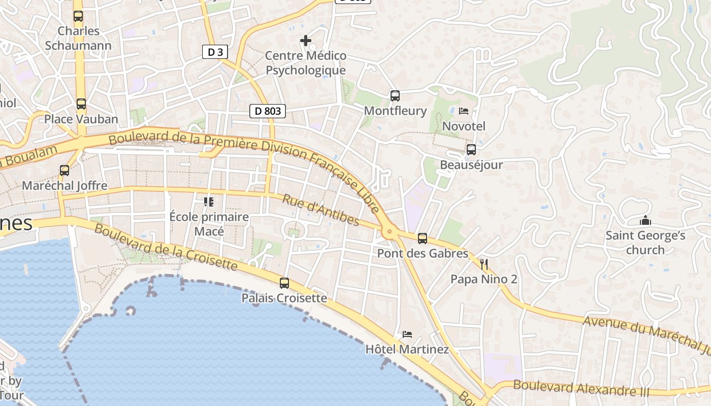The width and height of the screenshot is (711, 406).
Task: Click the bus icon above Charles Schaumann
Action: coord(78,16)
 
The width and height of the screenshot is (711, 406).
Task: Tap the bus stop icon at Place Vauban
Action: coord(81,104)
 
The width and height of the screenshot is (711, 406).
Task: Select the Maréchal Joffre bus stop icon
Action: coord(64,171)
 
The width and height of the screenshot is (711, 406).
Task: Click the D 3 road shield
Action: coord(215,52)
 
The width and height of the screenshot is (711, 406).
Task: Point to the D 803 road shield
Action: coord(268,111)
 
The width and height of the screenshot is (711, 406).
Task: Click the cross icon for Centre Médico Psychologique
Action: coord(306,41)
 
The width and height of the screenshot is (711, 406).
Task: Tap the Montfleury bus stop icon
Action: coord(395,95)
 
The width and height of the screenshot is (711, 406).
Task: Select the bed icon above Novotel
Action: coord(464,111)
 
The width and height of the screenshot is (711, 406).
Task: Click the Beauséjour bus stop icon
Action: coord(471,150)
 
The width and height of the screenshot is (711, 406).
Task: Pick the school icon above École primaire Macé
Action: coord(208,202)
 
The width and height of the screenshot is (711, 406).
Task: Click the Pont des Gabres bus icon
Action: coord(423,239)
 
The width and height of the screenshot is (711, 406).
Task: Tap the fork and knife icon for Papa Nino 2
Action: coord(484,264)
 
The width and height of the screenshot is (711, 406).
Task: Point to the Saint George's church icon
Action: coord(645,221)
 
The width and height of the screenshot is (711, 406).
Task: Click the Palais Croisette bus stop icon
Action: coord(284,283)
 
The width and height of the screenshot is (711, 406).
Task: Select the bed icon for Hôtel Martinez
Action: coord(407,334)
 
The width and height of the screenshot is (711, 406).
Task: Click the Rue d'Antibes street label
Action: coord(320,210)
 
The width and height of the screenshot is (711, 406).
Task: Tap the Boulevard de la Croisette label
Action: coord(166,247)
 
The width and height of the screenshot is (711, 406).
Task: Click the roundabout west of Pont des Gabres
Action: coord(390,232)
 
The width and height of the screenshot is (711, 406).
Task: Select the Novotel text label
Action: coord(464,126)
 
